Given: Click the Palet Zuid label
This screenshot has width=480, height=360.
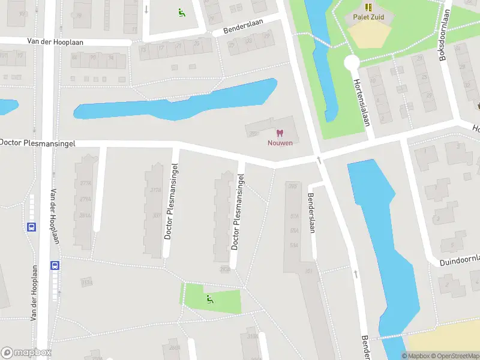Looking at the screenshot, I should click(368, 17).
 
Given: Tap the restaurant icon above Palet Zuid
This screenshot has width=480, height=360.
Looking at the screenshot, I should click(368, 7).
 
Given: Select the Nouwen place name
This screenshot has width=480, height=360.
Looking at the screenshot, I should click(280, 143).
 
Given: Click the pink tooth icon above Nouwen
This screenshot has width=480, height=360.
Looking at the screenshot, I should click(279, 133).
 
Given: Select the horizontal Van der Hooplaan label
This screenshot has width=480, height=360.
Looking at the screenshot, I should click(55, 42).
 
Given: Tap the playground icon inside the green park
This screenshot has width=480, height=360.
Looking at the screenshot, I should click(210, 299).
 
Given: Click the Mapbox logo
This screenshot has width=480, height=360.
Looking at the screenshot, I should click(26, 352).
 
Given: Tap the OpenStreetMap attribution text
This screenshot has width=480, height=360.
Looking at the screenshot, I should click(452, 356).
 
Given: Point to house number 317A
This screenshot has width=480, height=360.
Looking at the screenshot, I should click(157, 191).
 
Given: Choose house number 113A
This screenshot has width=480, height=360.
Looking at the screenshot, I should click(88, 283).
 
